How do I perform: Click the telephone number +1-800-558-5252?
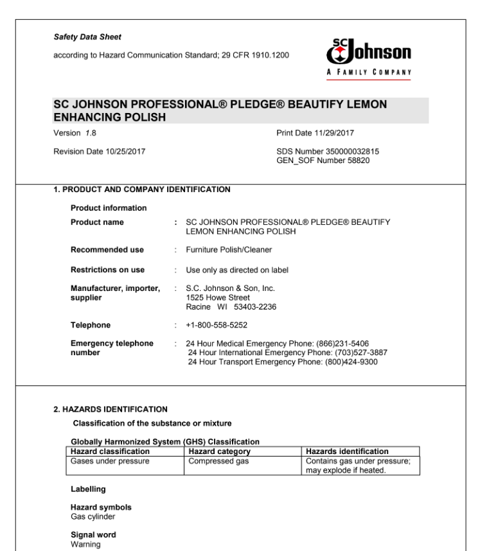coord(217,325)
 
